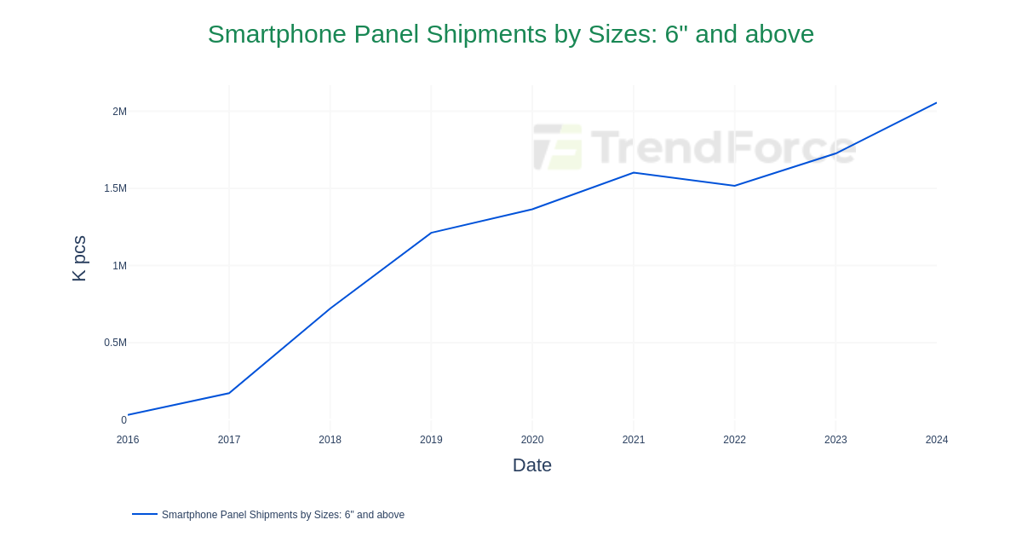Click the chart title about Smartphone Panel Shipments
click(511, 34)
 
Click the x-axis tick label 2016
click(128, 440)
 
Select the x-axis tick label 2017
click(229, 440)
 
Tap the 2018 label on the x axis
click(330, 440)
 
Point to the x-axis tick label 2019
click(431, 440)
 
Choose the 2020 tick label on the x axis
click(532, 440)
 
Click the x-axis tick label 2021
click(634, 440)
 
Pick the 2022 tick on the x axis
click(734, 440)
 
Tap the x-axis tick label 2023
click(835, 440)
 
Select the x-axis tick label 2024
click(937, 440)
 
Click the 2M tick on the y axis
click(119, 112)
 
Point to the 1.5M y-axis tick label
click(115, 188)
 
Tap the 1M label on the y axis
click(119, 266)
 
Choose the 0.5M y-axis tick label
click(115, 343)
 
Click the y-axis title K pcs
click(79, 258)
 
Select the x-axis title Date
click(532, 465)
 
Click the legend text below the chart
click(283, 515)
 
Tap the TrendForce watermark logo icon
click(558, 147)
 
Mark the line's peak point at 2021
click(634, 173)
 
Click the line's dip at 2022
click(734, 186)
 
